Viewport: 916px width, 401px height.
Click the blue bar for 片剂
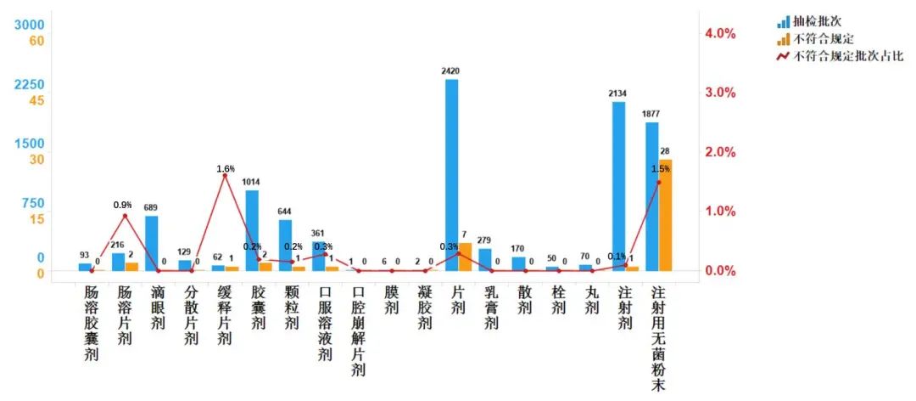pos(451,174)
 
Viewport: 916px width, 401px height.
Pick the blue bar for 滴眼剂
pos(152,243)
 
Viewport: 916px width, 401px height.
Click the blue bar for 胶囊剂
pos(252,229)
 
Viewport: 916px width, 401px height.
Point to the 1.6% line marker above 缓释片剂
pos(225,176)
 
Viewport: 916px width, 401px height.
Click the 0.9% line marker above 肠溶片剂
pos(125,216)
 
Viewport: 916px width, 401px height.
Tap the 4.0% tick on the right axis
pos(721,33)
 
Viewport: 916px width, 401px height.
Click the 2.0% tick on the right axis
pos(721,152)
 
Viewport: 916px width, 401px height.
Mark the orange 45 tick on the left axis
pos(37,100)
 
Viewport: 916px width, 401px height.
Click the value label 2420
pos(450,71)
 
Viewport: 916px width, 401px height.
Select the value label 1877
pos(651,114)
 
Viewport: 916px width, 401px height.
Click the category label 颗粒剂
pos(292,307)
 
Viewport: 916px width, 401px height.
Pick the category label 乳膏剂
pos(491,307)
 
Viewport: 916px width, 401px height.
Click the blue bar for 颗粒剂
pos(285,245)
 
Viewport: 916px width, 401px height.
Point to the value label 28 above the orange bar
pos(665,151)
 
